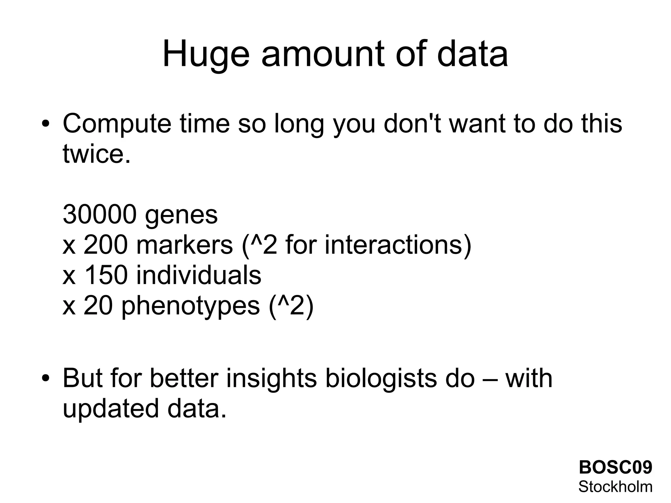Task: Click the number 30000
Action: point(99,215)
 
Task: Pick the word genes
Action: point(181,216)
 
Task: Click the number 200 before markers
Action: point(105,245)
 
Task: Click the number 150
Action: point(105,275)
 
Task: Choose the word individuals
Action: point(199,275)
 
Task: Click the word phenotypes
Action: point(190,306)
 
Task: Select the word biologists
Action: point(381,379)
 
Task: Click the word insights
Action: point(272,379)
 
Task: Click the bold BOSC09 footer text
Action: point(615,467)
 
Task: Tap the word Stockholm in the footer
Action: point(615,487)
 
